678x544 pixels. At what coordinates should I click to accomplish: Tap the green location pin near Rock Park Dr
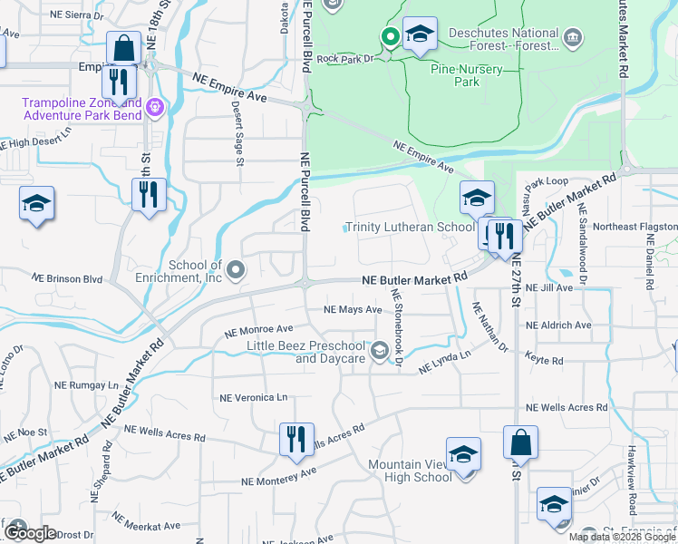pos(391,37)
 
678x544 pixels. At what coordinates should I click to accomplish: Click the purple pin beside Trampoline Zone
pos(156,108)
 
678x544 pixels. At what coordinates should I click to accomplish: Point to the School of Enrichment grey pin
pos(236,269)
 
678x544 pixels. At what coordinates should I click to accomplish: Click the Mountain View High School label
pos(409,471)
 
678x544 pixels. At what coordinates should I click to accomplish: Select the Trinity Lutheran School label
pos(409,228)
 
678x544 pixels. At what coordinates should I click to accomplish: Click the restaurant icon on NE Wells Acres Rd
pos(296,440)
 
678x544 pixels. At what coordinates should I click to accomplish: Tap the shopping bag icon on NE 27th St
pos(520,442)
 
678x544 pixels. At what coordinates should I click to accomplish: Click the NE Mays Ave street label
pos(354,309)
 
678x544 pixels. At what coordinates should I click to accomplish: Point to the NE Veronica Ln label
pos(254,397)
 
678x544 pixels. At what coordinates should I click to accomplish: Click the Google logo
pos(29,533)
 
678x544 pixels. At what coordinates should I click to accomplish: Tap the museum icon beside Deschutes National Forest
pos(573,38)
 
